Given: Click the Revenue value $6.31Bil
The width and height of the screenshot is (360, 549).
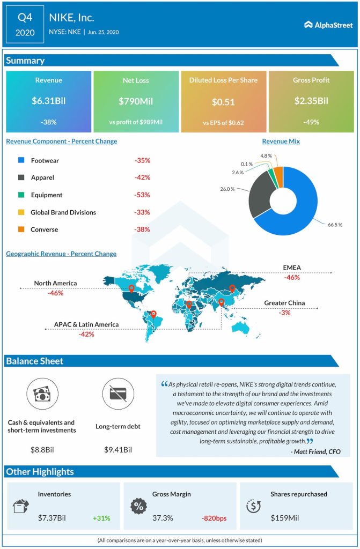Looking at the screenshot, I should [48, 100].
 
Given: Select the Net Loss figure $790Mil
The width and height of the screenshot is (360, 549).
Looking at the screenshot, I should [136, 100].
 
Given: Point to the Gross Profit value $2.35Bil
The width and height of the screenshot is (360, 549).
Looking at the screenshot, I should [311, 100].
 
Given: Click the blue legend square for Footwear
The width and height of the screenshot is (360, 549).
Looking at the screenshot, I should [21, 160].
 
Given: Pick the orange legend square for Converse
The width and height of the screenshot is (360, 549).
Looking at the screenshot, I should [21, 229].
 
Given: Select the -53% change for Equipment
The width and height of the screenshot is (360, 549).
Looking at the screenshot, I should [142, 195].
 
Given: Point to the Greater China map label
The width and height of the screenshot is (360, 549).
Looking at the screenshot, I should [284, 303].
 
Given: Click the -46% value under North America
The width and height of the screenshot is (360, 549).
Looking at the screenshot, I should [55, 293].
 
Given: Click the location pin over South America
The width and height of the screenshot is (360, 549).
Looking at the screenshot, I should [153, 315].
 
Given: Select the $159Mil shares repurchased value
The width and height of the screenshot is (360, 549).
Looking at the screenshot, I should [285, 518].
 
